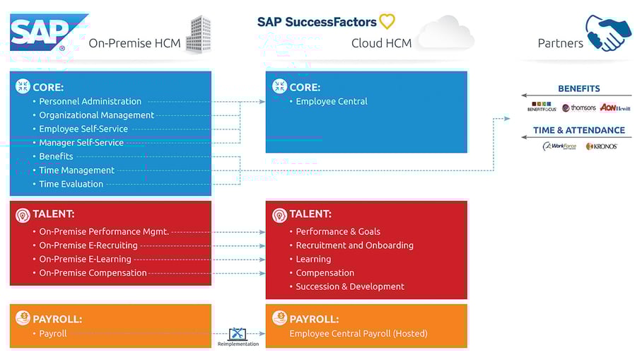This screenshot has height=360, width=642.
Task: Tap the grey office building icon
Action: coord(199,33)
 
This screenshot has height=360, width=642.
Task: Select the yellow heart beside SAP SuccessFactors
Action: coord(387,21)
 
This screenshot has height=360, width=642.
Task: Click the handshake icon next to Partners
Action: coord(607,33)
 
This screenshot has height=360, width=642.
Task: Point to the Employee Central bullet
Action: coord(331,101)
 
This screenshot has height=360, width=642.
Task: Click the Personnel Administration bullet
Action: coord(90,101)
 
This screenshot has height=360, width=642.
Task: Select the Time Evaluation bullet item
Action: coord(71,184)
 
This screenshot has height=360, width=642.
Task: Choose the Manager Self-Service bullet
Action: coord(81,142)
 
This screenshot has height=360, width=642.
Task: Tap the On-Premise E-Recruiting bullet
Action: coord(88,245)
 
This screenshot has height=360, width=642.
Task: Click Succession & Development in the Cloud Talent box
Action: coord(349,286)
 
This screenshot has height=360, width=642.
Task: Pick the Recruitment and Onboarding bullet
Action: coord(354,245)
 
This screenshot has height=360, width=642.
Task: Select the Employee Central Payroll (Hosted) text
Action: coord(358,333)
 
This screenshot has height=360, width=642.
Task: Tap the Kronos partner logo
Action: coord(602,146)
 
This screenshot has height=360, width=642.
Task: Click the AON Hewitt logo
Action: coord(614,108)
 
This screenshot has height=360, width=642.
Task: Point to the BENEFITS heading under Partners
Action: coord(578,89)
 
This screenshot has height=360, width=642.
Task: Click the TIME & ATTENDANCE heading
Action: coord(578,130)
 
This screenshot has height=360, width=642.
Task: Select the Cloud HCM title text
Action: coord(382,43)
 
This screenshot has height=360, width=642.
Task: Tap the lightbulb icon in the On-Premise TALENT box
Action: coord(22,214)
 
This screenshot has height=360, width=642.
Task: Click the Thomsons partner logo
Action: coord(579,108)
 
